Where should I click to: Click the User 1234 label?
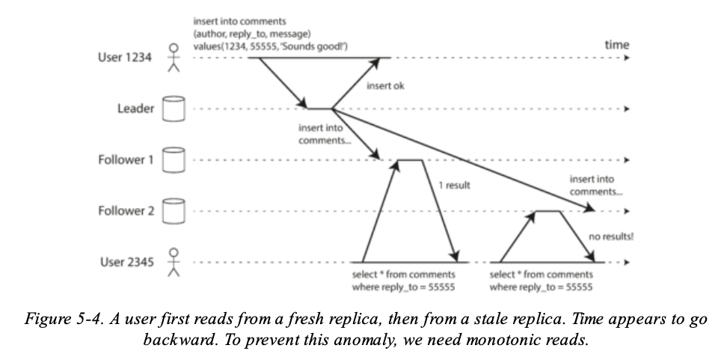pyautogui.click(x=125, y=58)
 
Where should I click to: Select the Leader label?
pyautogui.click(x=135, y=109)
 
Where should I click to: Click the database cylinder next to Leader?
pyautogui.click(x=174, y=109)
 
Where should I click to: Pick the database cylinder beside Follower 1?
pyautogui.click(x=174, y=159)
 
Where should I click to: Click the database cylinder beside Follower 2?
pyautogui.click(x=174, y=211)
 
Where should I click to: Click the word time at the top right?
pyautogui.click(x=617, y=46)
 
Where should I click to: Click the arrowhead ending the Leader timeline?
pyautogui.click(x=627, y=109)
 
